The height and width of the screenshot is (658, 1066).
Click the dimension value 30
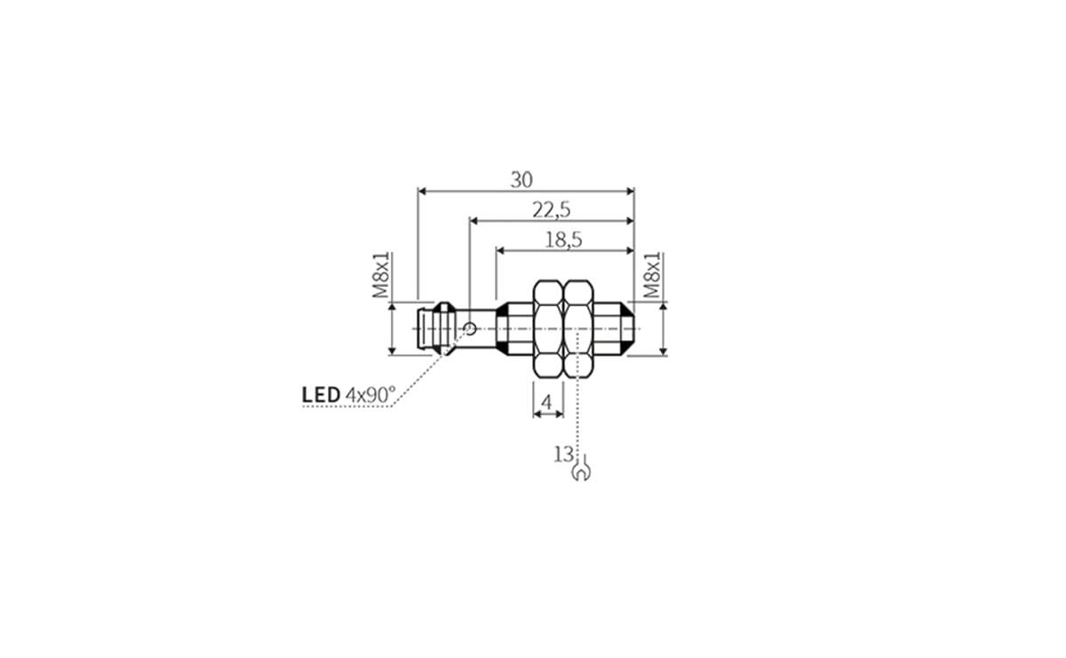pyautogui.click(x=521, y=179)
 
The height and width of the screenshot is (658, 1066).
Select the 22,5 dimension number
pyautogui.click(x=551, y=210)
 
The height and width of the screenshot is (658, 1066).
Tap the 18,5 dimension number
pyautogui.click(x=563, y=240)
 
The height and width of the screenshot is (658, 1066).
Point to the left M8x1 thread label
pyautogui.click(x=380, y=276)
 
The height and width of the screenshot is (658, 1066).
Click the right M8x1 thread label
pyautogui.click(x=653, y=276)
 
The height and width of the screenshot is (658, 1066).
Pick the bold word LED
pyautogui.click(x=321, y=394)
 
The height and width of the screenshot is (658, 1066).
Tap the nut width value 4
pyautogui.click(x=547, y=403)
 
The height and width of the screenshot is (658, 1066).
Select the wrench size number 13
pyautogui.click(x=562, y=455)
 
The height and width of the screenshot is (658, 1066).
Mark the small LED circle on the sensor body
pyautogui.click(x=469, y=329)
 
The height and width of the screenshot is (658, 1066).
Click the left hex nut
pyautogui.click(x=547, y=329)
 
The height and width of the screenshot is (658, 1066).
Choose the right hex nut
pyautogui.click(x=579, y=329)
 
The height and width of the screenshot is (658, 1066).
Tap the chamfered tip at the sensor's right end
pyautogui.click(x=628, y=329)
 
